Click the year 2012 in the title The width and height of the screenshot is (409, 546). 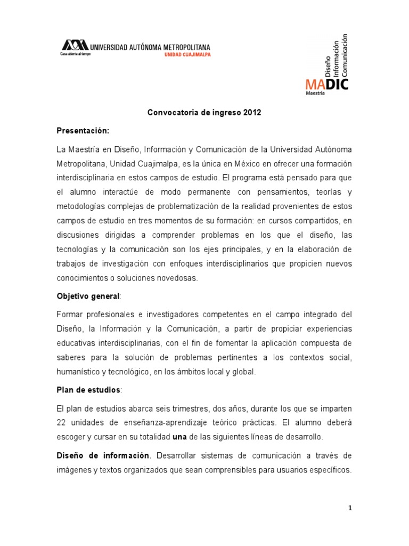pyautogui.click(x=252, y=113)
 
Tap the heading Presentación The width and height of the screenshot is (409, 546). pyautogui.click(x=83, y=130)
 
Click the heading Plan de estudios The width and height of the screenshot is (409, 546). pyautogui.click(x=88, y=390)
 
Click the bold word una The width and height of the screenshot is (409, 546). pyautogui.click(x=179, y=437)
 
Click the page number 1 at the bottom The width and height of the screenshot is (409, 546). pyautogui.click(x=349, y=508)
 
